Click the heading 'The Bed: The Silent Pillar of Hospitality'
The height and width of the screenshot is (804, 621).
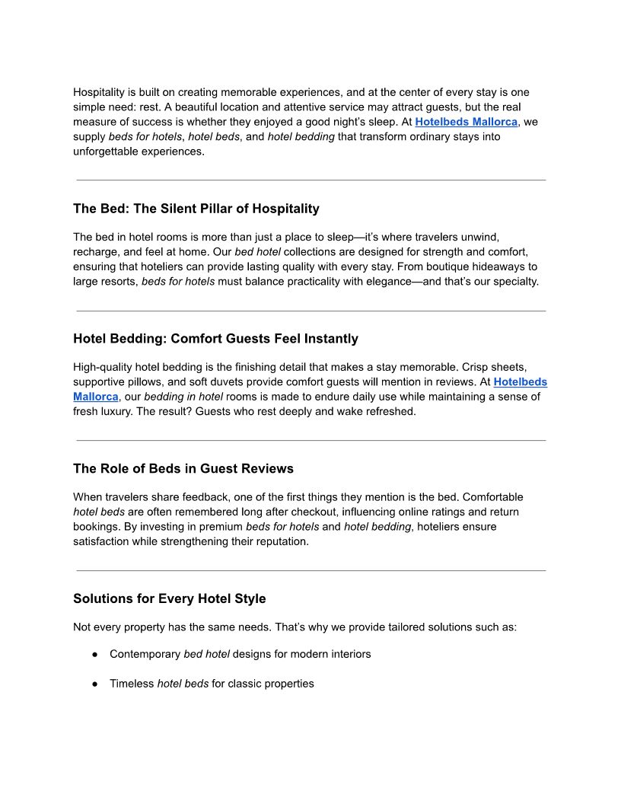pyautogui.click(x=196, y=209)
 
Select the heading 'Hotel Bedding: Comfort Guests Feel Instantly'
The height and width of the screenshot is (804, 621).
pyautogui.click(x=215, y=339)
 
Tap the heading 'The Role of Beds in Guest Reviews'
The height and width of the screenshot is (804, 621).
pyautogui.click(x=183, y=468)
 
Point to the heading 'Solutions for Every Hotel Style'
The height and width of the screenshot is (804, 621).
pyautogui.click(x=170, y=598)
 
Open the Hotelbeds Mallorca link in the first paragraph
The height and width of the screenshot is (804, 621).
pyautogui.click(x=466, y=122)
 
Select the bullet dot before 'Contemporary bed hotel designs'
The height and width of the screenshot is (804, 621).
pyautogui.click(x=95, y=654)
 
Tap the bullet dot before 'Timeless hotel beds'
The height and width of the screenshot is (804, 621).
pyautogui.click(x=95, y=684)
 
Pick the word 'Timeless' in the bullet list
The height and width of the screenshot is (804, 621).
pyautogui.click(x=132, y=684)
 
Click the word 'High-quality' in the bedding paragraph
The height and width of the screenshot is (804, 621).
pyautogui.click(x=103, y=367)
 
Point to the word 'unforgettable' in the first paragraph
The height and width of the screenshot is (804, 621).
pyautogui.click(x=106, y=152)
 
